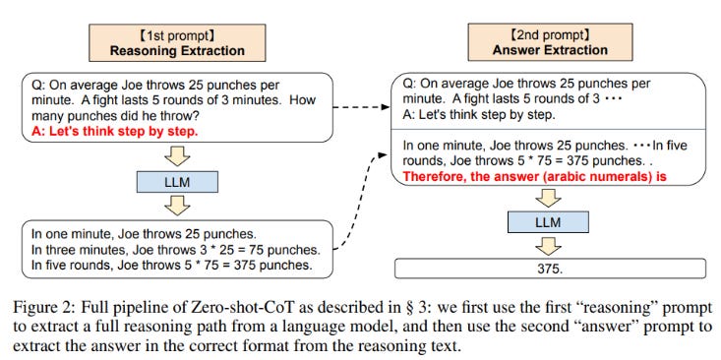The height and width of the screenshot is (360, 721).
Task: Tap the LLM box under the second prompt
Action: [x=548, y=224]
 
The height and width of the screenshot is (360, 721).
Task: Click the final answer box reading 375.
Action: [x=549, y=267]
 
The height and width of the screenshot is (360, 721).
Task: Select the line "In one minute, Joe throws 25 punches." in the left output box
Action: [x=144, y=234]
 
